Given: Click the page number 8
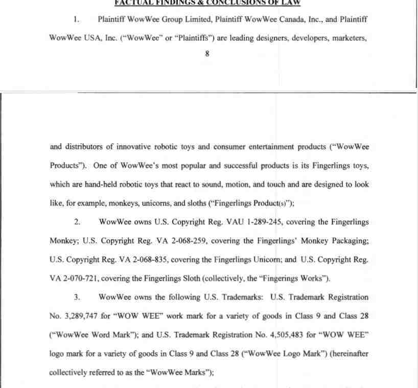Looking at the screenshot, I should tap(207, 53).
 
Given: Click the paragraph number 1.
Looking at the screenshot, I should tap(76, 19).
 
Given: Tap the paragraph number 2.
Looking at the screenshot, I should tap(77, 222).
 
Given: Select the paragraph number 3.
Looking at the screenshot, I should tap(77, 296).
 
